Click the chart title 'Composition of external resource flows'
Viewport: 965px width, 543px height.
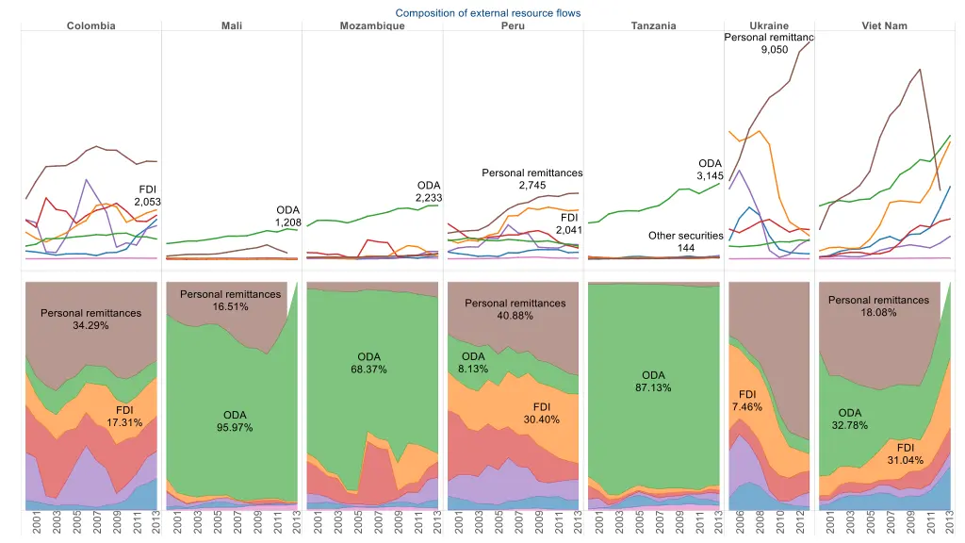coord(487,13)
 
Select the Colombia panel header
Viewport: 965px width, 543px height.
coord(91,25)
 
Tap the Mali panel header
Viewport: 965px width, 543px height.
coord(232,25)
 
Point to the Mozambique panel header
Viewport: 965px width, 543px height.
coord(372,25)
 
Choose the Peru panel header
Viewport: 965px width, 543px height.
coord(514,25)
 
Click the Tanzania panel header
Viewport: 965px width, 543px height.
coord(654,25)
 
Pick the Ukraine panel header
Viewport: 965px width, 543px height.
coord(769,25)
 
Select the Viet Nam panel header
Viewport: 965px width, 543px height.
coord(884,25)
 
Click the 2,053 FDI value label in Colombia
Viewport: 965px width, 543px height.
coord(148,202)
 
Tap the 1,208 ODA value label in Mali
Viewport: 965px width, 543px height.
coord(288,222)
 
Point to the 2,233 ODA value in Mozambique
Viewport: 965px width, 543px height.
coord(429,198)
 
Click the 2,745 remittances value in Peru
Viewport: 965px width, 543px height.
coord(532,186)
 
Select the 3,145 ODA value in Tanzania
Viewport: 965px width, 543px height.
coord(710,176)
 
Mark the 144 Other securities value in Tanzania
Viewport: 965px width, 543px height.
coord(686,248)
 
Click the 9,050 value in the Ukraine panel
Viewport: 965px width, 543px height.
coord(775,50)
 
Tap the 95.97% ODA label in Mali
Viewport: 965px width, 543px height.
coord(235,428)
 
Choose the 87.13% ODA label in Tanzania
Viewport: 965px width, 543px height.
coord(654,387)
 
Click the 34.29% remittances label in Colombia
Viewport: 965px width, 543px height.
coord(90,325)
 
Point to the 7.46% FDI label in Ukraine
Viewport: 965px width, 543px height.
coord(747,406)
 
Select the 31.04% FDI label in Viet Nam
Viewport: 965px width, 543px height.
coord(906,460)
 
